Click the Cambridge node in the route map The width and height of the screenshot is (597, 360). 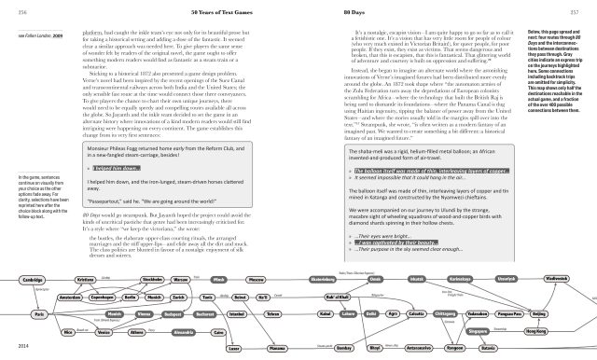pyautogui.click(x=32, y=280)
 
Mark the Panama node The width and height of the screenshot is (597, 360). pyautogui.click(x=277, y=347)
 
